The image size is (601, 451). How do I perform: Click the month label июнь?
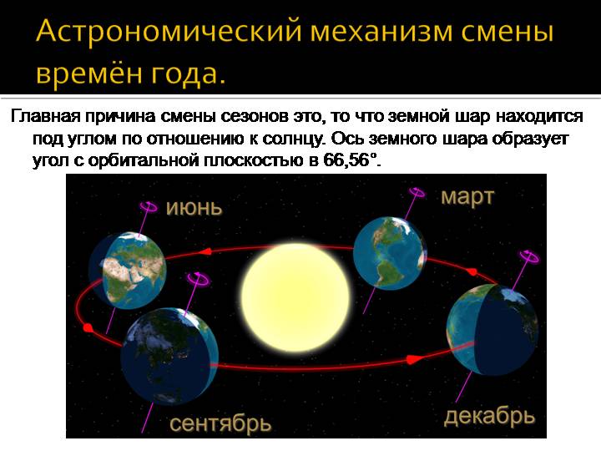[x=194, y=208]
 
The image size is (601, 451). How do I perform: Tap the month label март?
[x=467, y=198]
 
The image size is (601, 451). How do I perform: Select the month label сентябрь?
[x=220, y=423]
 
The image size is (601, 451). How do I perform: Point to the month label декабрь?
[x=489, y=416]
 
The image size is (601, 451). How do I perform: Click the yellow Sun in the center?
[x=295, y=297]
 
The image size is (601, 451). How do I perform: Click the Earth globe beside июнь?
[x=128, y=271]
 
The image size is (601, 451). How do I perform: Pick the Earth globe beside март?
[x=390, y=252]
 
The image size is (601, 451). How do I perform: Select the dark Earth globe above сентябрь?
[x=169, y=356]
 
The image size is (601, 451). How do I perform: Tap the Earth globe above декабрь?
[x=492, y=330]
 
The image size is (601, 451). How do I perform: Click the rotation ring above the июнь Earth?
[x=149, y=207]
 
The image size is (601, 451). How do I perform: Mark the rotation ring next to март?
[x=417, y=192]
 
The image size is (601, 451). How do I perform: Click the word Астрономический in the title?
[x=169, y=32]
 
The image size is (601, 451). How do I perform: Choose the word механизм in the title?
[x=381, y=32]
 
